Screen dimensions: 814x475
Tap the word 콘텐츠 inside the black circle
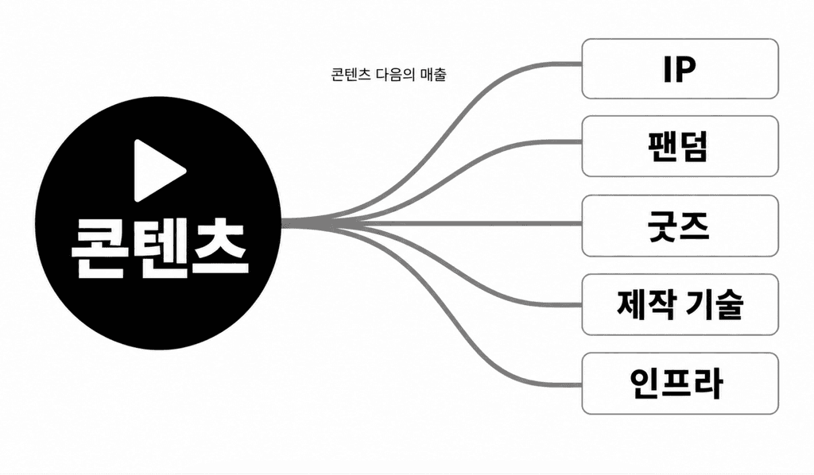(159, 248)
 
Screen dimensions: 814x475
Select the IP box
(680, 68)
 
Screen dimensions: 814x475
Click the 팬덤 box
(680, 146)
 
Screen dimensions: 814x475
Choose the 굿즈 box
(680, 226)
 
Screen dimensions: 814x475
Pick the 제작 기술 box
(680, 304)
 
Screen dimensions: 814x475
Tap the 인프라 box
(680, 383)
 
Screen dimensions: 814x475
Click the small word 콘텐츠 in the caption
(350, 75)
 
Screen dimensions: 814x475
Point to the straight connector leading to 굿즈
(432, 224)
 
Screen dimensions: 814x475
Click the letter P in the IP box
(688, 69)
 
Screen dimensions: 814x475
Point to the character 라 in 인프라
(707, 383)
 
